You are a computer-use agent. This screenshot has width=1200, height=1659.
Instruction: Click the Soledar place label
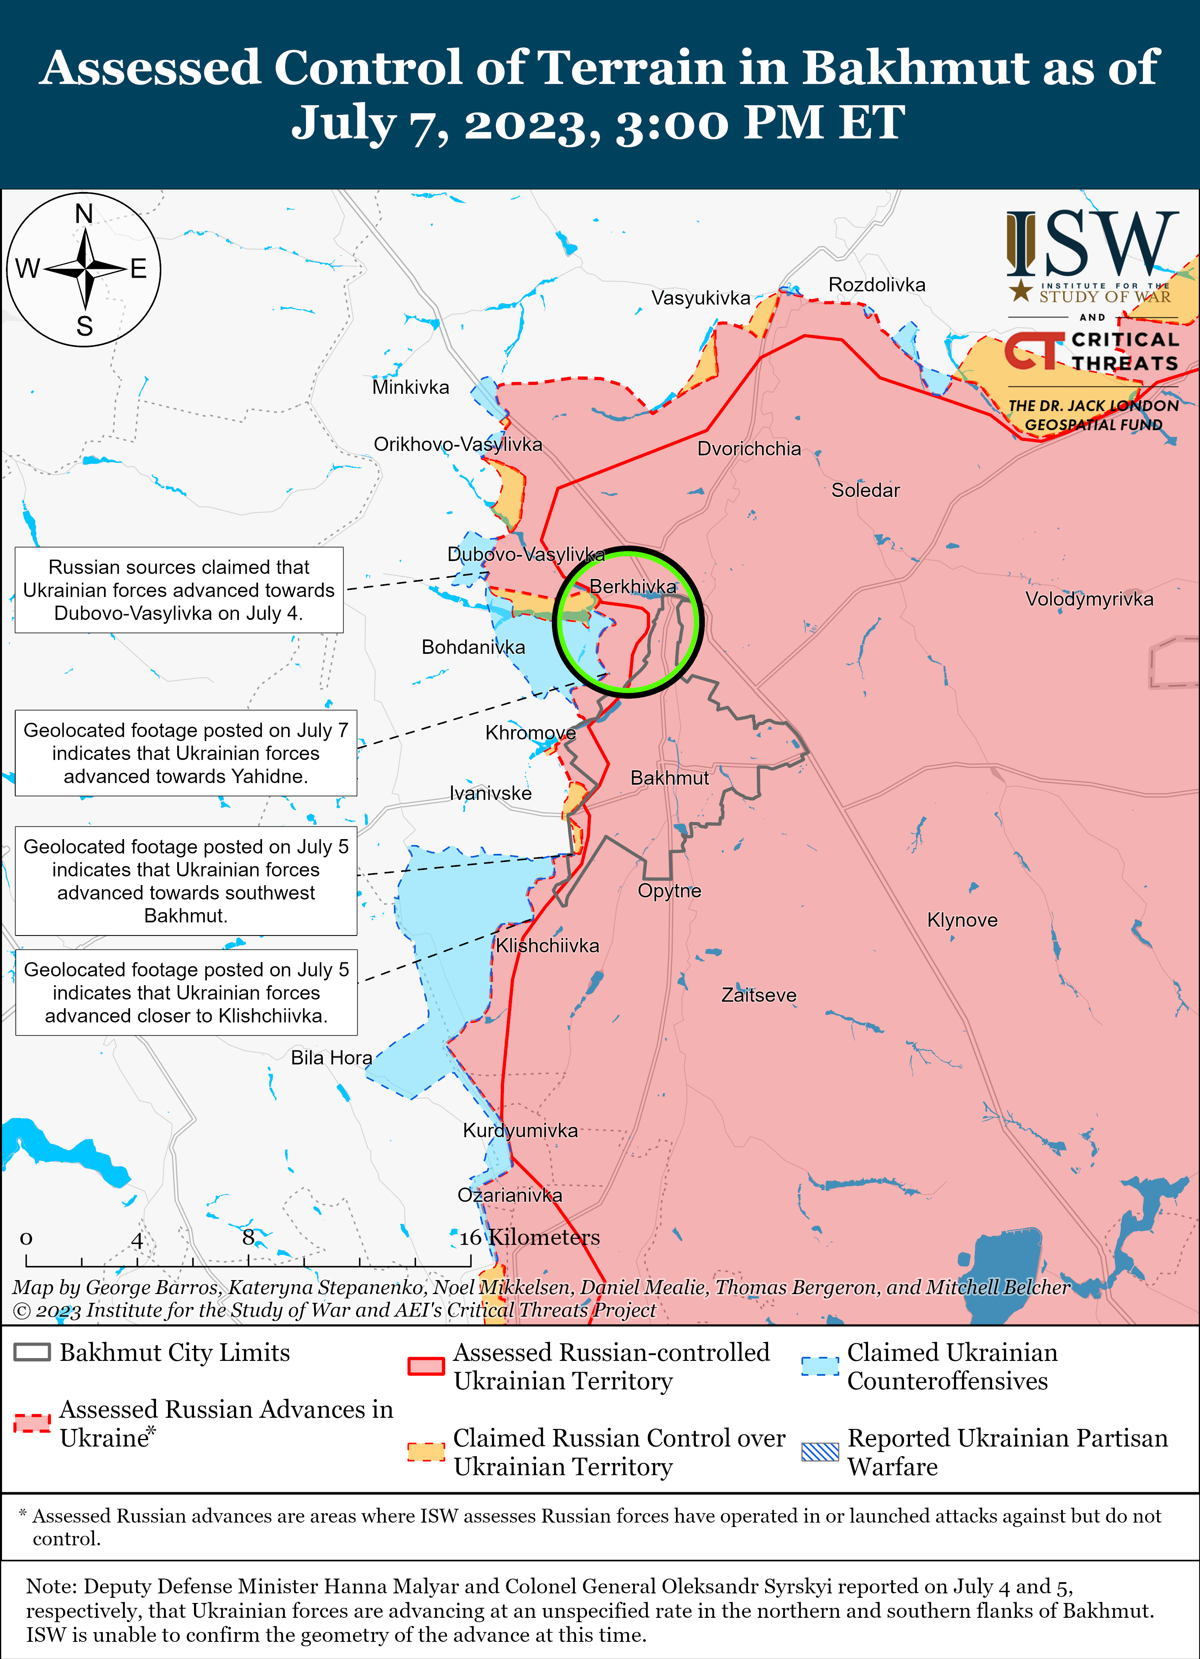[865, 490]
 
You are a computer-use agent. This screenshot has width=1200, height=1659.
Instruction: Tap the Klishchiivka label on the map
[547, 946]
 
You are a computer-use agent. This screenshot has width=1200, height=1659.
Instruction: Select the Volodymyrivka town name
[1089, 599]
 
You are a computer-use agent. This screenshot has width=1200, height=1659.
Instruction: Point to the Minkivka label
[410, 387]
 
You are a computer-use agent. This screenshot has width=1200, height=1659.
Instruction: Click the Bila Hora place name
[331, 1058]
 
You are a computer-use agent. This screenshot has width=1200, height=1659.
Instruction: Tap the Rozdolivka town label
[876, 285]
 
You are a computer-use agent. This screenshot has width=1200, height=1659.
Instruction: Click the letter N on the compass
[84, 214]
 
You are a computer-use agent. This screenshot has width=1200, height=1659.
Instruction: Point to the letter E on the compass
[139, 269]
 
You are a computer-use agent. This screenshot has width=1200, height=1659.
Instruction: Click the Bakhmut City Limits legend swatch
[32, 1352]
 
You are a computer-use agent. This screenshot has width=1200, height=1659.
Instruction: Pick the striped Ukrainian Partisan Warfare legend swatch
[820, 1451]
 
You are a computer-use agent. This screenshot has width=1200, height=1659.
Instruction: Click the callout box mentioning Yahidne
[186, 753]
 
